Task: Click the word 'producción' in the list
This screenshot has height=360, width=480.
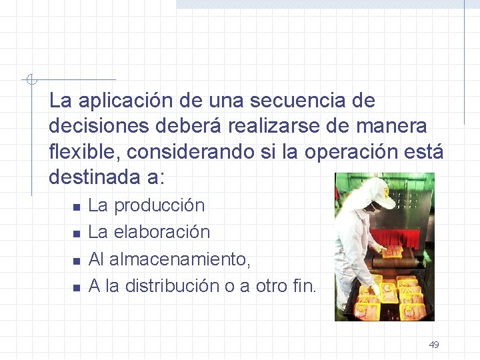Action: tap(159, 205)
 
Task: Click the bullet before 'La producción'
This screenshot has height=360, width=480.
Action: tap(77, 207)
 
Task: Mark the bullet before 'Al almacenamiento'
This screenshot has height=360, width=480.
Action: tap(77, 260)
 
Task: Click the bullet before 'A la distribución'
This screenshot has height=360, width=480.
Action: tap(77, 287)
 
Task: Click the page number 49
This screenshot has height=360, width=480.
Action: tap(434, 345)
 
